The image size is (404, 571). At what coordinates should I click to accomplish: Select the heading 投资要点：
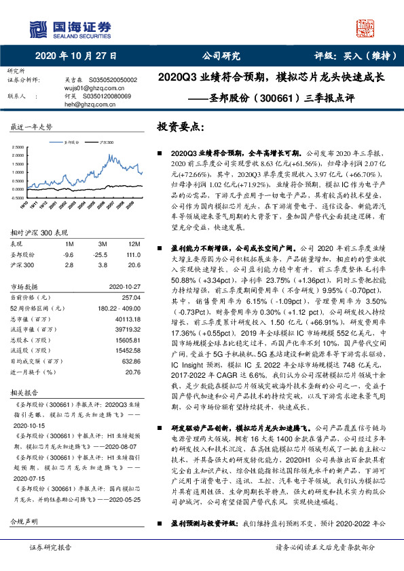[180, 127]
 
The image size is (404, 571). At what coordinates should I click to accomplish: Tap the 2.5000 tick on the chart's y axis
[20, 147]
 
